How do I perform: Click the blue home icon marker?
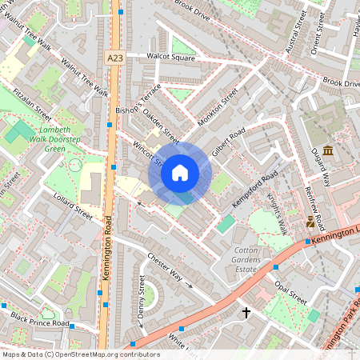[x=180, y=172]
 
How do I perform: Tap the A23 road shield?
[x=114, y=58]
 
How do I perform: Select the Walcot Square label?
[x=170, y=58]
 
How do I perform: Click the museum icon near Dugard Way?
[x=328, y=152]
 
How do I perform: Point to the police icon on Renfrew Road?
[x=311, y=223]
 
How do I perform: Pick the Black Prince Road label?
[x=41, y=323]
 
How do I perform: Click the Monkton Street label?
[x=218, y=107]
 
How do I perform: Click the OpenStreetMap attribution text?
[x=70, y=354]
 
